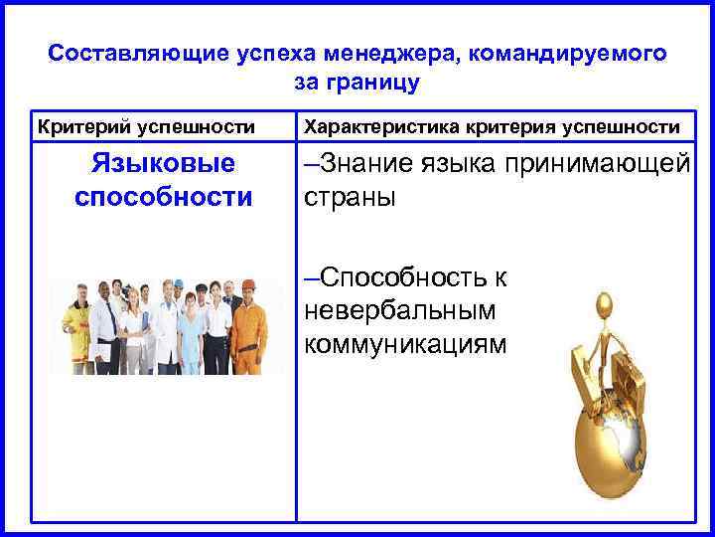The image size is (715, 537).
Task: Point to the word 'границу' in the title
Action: coord(381,82)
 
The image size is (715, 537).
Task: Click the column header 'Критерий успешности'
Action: coord(146,127)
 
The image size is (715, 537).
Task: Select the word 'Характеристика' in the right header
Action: coord(375,127)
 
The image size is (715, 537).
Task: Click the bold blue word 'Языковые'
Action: coord(164,163)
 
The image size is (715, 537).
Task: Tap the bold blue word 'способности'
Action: coord(164,196)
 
